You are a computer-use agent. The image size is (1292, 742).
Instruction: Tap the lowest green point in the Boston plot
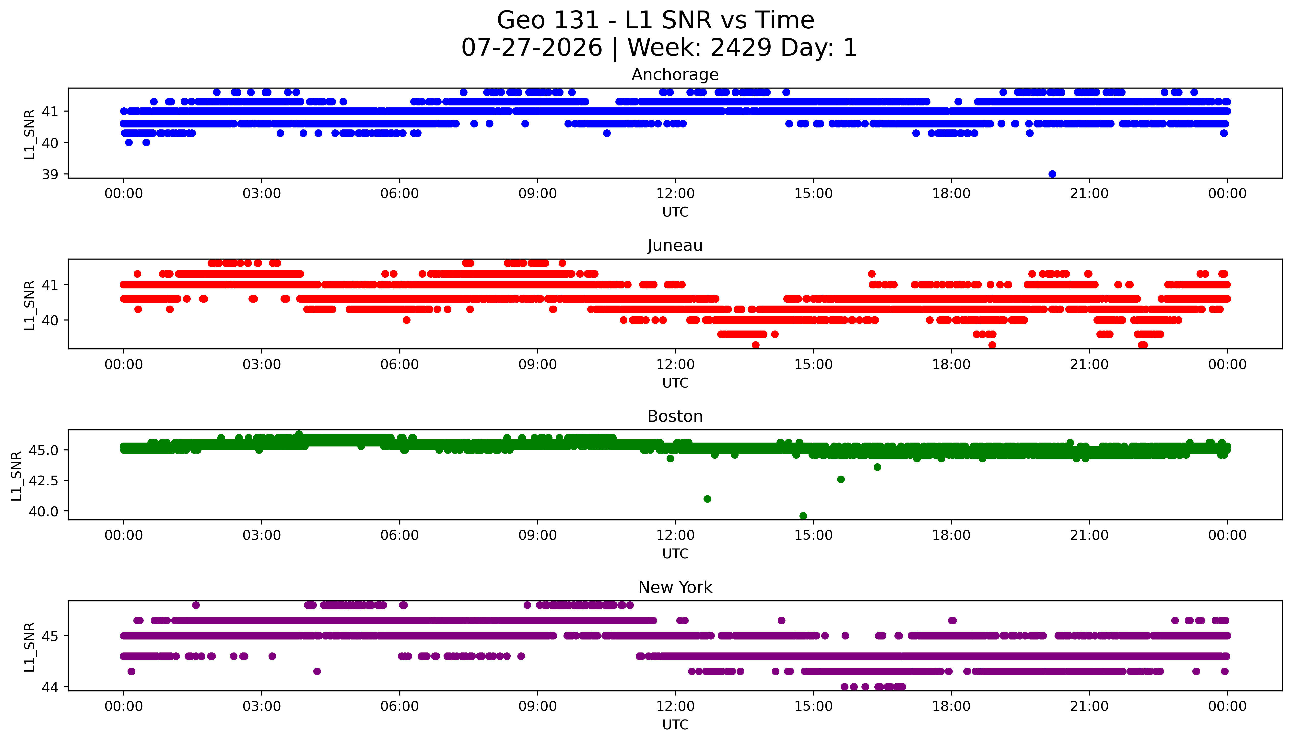tap(803, 516)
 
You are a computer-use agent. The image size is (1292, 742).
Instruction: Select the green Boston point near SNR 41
tap(707, 499)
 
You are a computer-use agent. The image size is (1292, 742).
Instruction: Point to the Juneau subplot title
tap(675, 246)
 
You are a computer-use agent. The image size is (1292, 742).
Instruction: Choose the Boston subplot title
tap(675, 416)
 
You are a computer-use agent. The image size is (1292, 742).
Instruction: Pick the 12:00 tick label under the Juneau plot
tap(675, 364)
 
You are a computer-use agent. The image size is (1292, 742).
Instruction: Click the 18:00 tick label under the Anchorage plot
tap(951, 194)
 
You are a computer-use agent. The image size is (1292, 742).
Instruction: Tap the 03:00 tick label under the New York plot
tap(262, 706)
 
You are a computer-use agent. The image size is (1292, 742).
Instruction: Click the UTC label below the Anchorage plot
tap(675, 212)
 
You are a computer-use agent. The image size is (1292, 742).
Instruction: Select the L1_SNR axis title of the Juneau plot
tap(30, 305)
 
